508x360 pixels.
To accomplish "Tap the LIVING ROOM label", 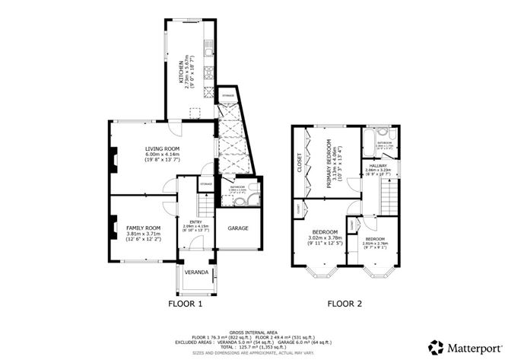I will click(x=162, y=148).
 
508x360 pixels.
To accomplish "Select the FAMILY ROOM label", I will click(x=144, y=228).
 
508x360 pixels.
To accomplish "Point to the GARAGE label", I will click(x=238, y=228).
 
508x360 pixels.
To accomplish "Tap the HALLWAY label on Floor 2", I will click(x=378, y=166).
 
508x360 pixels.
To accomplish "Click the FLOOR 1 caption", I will click(x=185, y=304).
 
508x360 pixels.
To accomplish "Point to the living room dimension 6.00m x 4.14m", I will click(x=162, y=155).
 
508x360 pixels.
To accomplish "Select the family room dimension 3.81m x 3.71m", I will click(x=144, y=234).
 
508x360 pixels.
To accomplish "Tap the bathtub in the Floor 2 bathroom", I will click(x=370, y=141).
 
